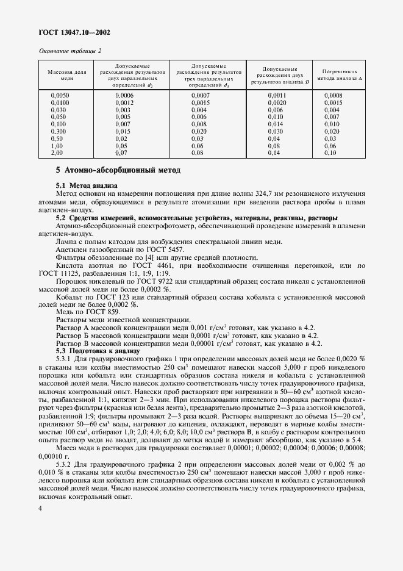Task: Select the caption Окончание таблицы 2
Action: pyautogui.click(x=70, y=51)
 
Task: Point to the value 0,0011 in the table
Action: pyautogui.click(x=277, y=96)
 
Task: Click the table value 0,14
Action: pyautogui.click(x=274, y=153)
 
